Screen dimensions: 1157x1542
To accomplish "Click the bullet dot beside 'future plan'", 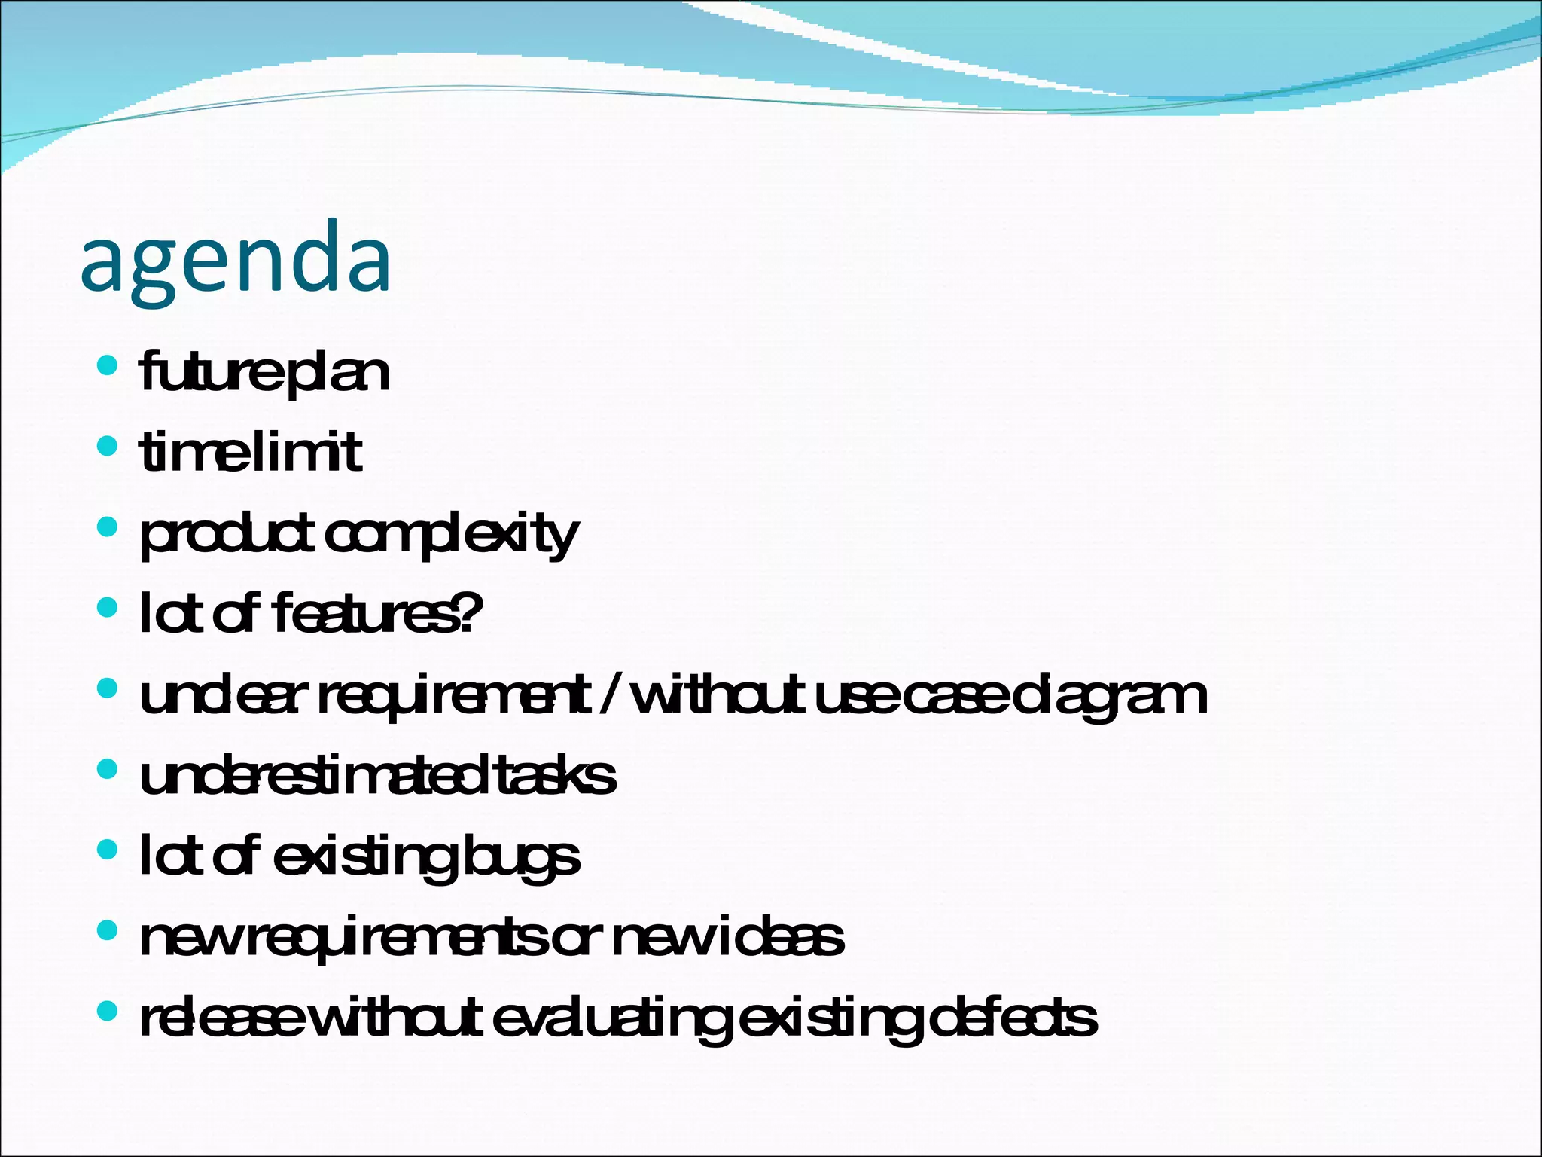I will point(108,366).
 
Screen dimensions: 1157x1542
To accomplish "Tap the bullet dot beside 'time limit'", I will point(108,446).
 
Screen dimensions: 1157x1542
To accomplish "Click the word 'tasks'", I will point(556,776).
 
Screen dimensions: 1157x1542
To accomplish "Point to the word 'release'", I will point(223,1018).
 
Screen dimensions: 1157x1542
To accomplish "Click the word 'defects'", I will point(1013,1018).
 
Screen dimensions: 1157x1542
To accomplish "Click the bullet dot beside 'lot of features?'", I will point(108,607).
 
